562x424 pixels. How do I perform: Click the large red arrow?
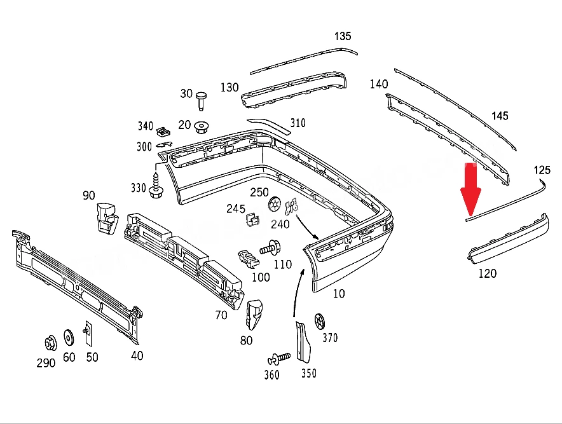[470, 189]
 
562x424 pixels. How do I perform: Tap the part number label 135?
[343, 36]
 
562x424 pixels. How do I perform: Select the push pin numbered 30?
[202, 101]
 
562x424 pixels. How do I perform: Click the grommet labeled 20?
[202, 127]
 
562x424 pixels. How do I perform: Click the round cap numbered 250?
[274, 205]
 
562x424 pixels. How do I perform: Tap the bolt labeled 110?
[271, 248]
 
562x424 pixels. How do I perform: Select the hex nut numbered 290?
[50, 343]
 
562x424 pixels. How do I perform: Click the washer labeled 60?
[69, 338]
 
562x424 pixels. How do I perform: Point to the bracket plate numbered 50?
[88, 334]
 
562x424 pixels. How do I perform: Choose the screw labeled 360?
[279, 359]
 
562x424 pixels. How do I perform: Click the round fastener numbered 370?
[319, 322]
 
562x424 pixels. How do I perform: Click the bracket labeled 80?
[254, 314]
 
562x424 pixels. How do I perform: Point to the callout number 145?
[500, 116]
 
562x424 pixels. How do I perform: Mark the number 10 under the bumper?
[339, 294]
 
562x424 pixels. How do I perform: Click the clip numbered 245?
[252, 219]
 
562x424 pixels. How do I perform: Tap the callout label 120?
[488, 274]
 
